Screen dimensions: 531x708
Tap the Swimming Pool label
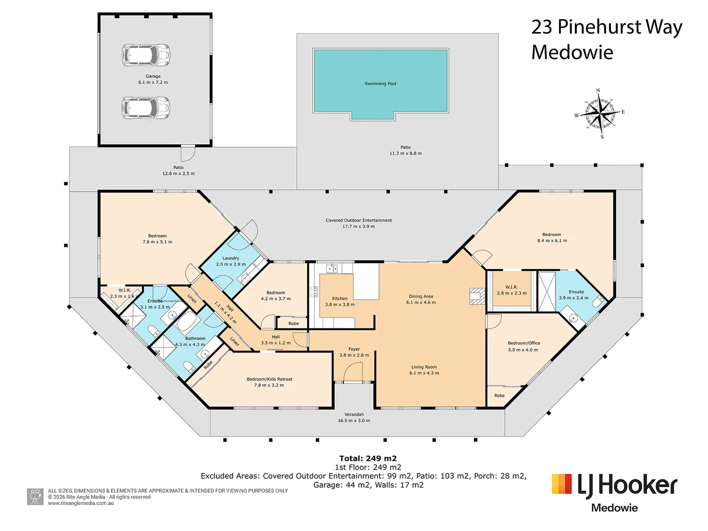380,84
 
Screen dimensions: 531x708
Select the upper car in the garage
146,55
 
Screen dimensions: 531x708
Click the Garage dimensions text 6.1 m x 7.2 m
153,83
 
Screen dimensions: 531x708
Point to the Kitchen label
340,298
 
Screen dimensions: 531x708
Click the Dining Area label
421,296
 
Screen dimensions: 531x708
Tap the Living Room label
424,367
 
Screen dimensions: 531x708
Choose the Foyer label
354,349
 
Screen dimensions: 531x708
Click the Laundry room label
231,258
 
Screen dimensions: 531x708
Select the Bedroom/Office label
524,343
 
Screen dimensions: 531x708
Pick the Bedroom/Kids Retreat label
269,379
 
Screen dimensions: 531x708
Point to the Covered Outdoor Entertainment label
358,220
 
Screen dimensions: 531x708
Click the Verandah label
354,414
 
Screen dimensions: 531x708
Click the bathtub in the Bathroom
187,323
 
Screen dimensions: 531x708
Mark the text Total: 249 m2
368,458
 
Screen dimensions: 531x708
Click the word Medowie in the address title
572,53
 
